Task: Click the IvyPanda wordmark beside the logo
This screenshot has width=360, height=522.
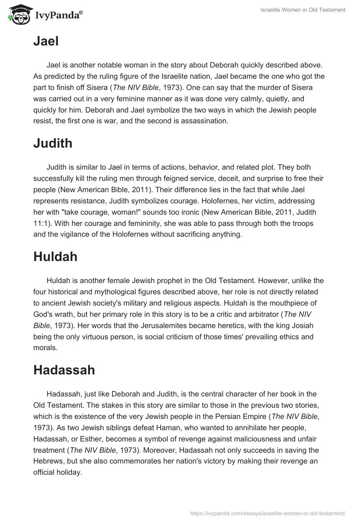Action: [x=58, y=16]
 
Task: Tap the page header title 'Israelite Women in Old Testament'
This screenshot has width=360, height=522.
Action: [x=303, y=10]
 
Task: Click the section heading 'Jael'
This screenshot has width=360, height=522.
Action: [x=46, y=41]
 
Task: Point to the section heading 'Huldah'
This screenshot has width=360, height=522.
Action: [x=55, y=257]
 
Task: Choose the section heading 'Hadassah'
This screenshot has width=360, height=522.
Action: [x=64, y=370]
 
